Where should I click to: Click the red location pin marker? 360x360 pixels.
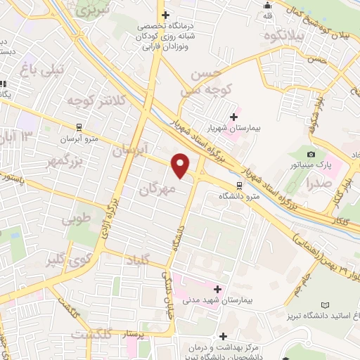(181, 165)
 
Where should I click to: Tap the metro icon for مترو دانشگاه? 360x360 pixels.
(240, 185)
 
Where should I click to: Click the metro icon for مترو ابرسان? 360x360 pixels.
(79, 127)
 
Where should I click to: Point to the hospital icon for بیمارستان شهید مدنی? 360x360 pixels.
(218, 288)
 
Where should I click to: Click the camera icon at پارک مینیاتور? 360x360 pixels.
(311, 154)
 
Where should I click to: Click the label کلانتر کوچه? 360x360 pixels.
(84, 102)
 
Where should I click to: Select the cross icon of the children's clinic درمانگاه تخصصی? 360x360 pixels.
(165, 15)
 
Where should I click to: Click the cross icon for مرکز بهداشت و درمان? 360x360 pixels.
(224, 337)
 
